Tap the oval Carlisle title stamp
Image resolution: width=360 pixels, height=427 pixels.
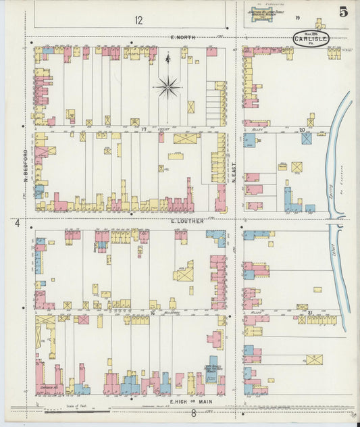(x=311, y=39)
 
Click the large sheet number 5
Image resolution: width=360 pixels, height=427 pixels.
(x=344, y=11)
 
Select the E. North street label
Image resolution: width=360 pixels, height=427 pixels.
(x=182, y=37)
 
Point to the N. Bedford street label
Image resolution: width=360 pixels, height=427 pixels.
(x=26, y=165)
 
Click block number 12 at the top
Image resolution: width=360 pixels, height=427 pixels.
(x=138, y=20)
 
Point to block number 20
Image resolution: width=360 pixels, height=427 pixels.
(x=302, y=128)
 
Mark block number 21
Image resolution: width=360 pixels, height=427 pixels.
(x=310, y=313)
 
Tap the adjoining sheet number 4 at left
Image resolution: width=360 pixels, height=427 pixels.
(x=16, y=222)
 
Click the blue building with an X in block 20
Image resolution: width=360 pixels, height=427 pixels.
(x=307, y=139)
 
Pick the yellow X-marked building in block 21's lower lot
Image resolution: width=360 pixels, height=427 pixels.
(x=314, y=359)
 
